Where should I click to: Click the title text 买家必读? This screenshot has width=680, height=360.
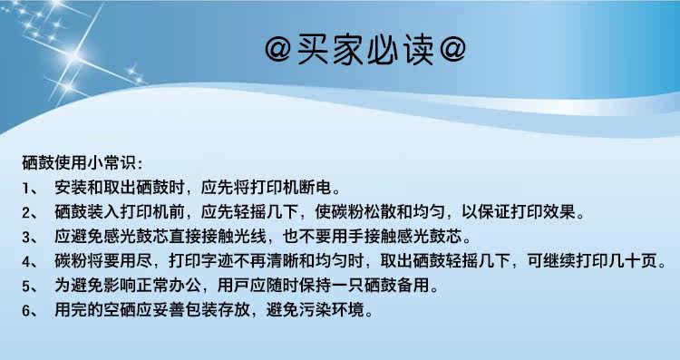point(365,49)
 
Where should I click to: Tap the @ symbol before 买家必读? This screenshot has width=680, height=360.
point(278,50)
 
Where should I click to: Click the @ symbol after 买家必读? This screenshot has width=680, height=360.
point(452,50)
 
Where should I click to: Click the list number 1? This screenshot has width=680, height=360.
point(26,189)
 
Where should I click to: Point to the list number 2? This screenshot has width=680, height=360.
point(26,212)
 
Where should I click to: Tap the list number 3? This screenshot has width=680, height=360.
point(26,238)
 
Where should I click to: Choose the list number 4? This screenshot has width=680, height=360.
point(26,261)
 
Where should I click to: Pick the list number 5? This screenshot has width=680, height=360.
point(26,287)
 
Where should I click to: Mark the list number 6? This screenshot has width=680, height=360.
point(26,310)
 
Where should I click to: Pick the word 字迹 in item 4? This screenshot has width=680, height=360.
point(218,260)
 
